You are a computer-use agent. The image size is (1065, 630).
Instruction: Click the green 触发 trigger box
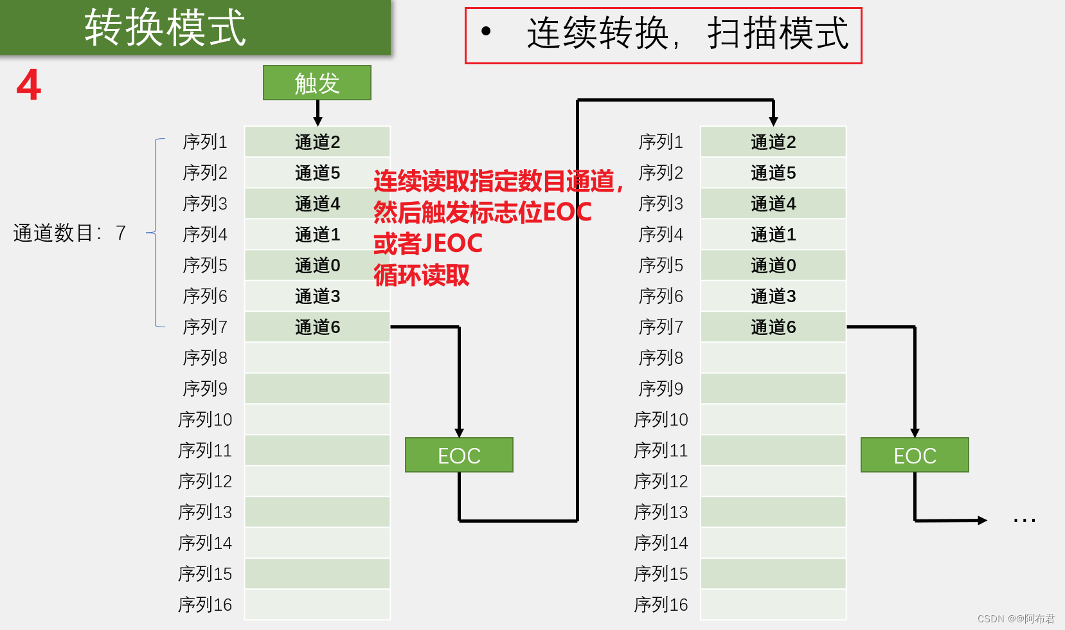click(x=317, y=83)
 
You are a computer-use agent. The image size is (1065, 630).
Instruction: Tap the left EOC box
click(x=459, y=455)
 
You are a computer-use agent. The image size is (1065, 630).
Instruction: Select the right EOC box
click(x=915, y=455)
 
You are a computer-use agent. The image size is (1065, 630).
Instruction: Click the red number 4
click(x=29, y=85)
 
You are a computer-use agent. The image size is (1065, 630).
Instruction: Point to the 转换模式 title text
click(x=165, y=28)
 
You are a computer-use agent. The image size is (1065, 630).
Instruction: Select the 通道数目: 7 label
click(x=69, y=233)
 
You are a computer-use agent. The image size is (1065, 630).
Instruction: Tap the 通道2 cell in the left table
click(x=318, y=142)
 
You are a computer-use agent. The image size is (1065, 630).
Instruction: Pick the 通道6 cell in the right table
click(x=773, y=327)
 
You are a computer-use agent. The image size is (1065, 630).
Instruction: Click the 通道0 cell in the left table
click(x=318, y=265)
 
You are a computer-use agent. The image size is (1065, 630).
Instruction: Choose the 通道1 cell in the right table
click(x=773, y=235)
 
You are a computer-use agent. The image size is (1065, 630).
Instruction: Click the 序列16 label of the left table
click(x=205, y=605)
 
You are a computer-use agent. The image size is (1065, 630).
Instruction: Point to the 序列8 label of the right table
click(x=661, y=358)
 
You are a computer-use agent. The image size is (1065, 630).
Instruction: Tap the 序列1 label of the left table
click(x=205, y=142)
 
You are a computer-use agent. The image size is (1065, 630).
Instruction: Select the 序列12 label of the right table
click(x=661, y=482)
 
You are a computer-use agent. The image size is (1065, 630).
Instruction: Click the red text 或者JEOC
click(x=428, y=244)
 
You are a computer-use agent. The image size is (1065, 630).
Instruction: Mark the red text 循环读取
click(x=422, y=275)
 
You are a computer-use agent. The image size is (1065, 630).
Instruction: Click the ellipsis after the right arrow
click(x=1024, y=520)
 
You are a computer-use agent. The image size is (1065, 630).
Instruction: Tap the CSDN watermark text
click(x=1016, y=618)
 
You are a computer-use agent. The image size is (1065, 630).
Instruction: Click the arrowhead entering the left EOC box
click(x=459, y=433)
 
